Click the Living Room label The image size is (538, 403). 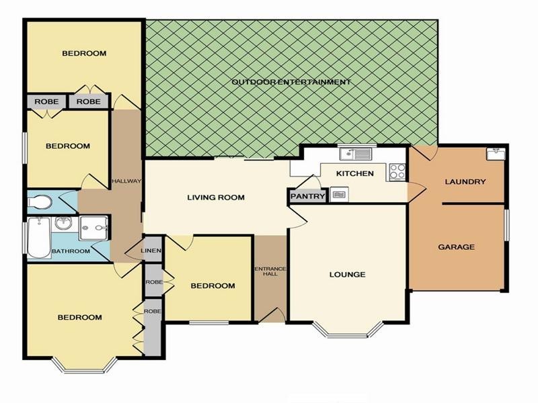(x=216, y=197)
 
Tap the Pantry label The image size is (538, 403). (x=307, y=196)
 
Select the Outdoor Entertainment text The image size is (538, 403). (x=291, y=82)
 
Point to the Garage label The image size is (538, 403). (x=457, y=247)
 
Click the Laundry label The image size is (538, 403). (x=465, y=181)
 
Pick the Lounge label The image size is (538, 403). (x=347, y=275)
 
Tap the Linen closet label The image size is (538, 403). (x=151, y=251)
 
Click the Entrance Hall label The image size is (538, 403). (x=270, y=271)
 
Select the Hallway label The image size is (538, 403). (x=127, y=181)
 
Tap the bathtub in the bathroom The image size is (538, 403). (x=39, y=237)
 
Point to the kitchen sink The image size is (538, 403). (x=356, y=154)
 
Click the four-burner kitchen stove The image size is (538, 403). (x=397, y=172)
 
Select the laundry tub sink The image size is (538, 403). (x=496, y=153)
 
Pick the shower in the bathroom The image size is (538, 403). (x=94, y=228)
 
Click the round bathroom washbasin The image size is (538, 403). (x=64, y=224)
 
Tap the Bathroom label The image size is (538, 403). (x=71, y=251)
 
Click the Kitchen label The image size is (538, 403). (x=355, y=173)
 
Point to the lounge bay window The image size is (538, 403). (x=348, y=331)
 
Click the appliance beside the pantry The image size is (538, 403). (x=339, y=194)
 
